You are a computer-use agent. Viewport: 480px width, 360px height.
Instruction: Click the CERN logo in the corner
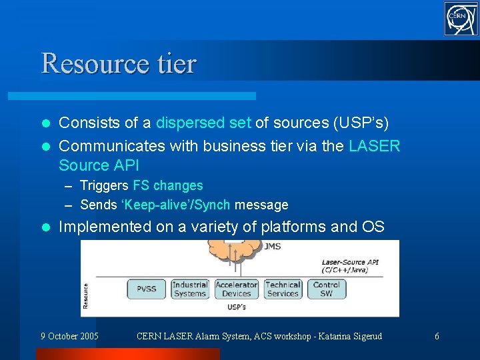461,19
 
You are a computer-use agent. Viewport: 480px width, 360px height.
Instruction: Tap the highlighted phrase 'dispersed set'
203,123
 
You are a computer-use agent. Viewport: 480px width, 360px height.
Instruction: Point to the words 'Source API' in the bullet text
99,165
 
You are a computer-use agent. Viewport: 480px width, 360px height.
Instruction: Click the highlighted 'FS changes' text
168,185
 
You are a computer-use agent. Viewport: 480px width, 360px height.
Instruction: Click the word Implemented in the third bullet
105,227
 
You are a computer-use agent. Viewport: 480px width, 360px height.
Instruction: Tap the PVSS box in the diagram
147,289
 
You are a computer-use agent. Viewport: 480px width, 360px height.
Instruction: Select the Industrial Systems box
190,289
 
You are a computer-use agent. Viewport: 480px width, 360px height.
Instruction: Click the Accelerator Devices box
236,289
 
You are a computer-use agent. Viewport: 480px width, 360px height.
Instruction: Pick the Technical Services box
283,289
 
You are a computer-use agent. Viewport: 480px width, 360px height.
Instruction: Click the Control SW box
326,289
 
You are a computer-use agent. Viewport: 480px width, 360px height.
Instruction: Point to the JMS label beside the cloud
272,247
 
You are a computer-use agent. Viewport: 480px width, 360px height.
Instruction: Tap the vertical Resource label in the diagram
86,296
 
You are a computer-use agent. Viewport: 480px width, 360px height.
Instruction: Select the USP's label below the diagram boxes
236,307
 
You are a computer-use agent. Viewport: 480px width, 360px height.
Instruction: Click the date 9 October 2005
69,336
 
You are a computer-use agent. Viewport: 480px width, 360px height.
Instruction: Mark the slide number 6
437,336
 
